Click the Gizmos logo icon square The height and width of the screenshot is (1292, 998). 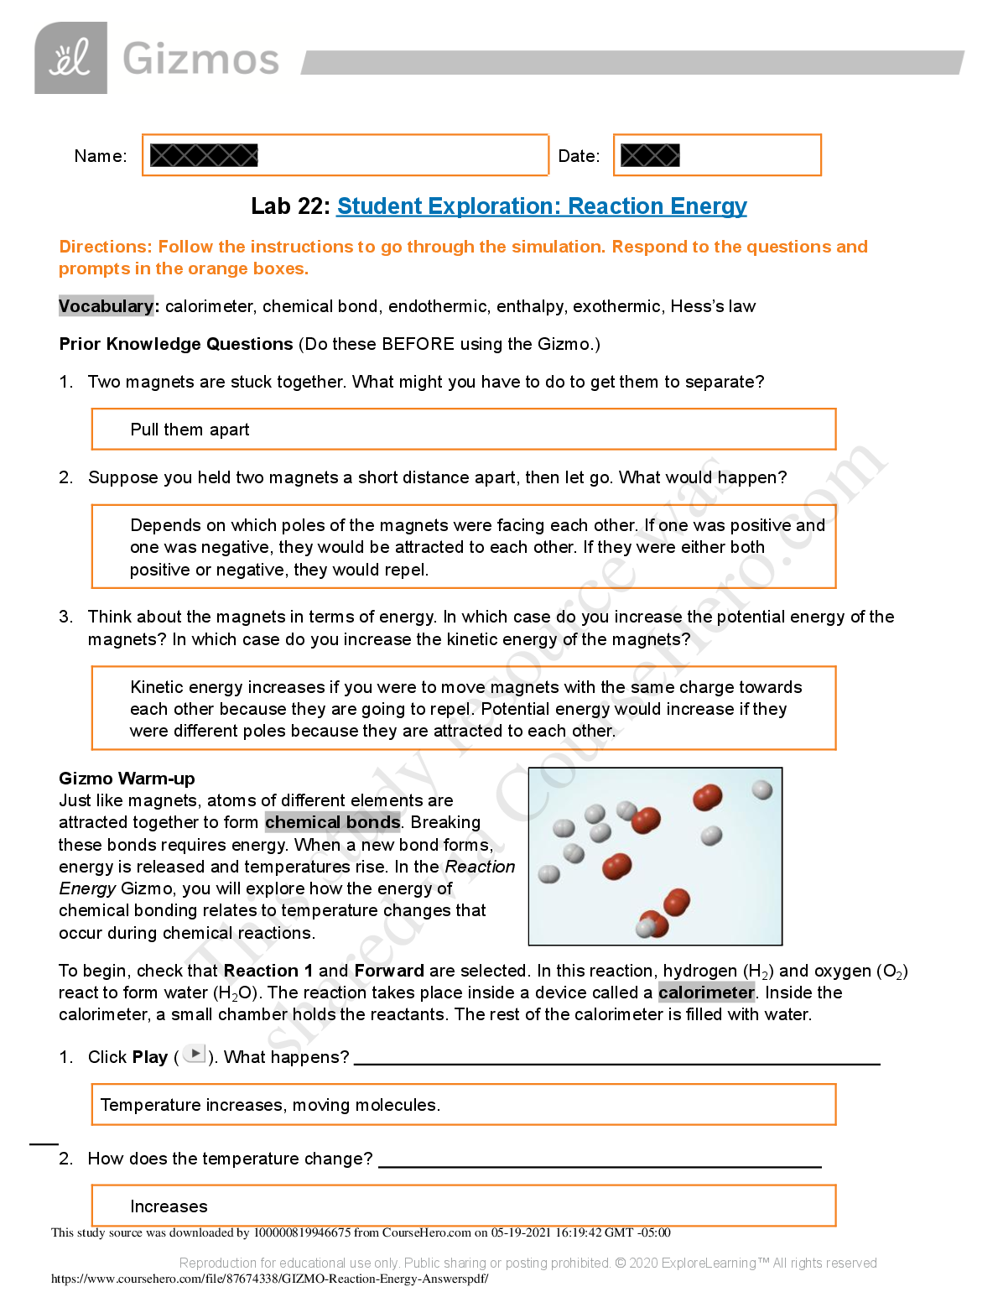[x=70, y=58]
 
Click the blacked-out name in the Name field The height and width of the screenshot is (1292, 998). [x=204, y=155]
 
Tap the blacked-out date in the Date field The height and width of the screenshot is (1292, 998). [x=650, y=155]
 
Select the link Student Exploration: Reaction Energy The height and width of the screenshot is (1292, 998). [x=541, y=206]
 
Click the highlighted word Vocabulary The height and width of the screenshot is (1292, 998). [x=106, y=306]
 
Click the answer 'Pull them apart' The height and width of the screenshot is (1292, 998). [x=190, y=430]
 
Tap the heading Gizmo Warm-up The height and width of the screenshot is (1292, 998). [x=127, y=779]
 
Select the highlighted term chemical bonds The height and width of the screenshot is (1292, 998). [x=332, y=822]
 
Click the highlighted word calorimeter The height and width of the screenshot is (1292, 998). [x=706, y=992]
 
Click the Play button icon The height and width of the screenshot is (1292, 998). [x=195, y=1054]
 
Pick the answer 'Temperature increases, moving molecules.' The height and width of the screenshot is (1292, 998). [x=270, y=1105]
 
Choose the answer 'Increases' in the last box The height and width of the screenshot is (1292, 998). [x=169, y=1206]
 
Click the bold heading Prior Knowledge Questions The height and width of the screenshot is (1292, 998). [x=176, y=344]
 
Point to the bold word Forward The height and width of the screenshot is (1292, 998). [x=389, y=971]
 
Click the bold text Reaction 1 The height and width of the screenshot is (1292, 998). [x=268, y=971]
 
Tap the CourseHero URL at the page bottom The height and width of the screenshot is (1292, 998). [x=269, y=1279]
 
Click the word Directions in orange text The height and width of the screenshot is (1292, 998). [x=105, y=247]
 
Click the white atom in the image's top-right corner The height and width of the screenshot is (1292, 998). [x=761, y=789]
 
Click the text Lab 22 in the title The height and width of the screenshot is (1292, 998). [x=289, y=206]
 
